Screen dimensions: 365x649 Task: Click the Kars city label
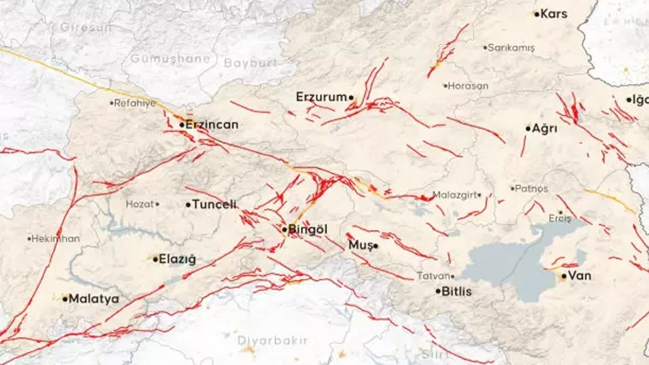[x=554, y=14]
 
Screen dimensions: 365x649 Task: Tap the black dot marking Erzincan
[x=182, y=125]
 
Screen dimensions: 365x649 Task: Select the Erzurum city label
[x=321, y=97]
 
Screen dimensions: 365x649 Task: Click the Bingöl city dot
[x=284, y=230]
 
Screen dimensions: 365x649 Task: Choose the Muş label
[x=360, y=245]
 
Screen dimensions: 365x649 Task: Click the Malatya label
[x=94, y=299]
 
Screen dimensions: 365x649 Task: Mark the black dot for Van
[x=564, y=276]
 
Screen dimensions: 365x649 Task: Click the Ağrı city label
[x=545, y=129]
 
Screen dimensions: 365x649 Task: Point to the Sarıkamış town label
[x=511, y=48]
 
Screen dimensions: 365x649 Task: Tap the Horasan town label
[x=468, y=86]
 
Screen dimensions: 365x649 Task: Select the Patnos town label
[x=532, y=189]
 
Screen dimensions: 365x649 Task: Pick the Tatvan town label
[x=433, y=276]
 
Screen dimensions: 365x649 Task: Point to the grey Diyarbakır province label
[x=273, y=341]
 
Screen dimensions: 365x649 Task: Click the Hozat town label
[x=140, y=204]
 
